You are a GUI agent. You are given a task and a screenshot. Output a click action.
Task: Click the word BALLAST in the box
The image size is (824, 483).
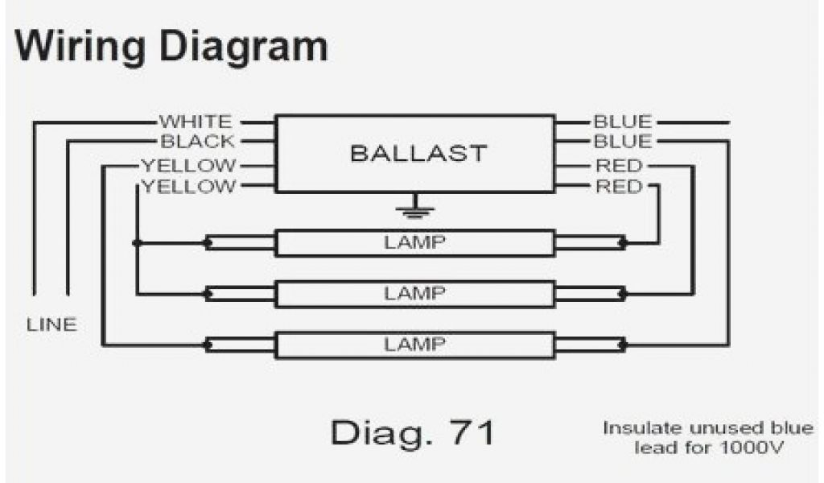418,153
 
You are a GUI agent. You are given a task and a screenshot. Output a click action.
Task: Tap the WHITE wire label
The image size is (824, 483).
196,122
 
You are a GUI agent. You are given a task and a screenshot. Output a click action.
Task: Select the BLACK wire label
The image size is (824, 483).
197,142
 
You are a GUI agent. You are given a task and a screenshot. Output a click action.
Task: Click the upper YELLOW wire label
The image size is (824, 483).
188,166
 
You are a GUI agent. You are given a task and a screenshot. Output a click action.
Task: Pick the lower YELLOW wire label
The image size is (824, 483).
188,187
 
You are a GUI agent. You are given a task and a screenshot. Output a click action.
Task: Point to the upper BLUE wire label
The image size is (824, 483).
622,122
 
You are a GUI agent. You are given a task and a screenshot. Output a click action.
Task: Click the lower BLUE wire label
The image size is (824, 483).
622,142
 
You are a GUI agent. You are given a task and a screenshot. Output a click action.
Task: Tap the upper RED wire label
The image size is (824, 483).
619,166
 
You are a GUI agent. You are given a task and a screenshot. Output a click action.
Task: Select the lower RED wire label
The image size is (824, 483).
619,187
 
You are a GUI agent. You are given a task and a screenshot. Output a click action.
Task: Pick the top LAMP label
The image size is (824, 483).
415,242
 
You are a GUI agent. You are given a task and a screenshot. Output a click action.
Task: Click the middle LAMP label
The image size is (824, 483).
415,294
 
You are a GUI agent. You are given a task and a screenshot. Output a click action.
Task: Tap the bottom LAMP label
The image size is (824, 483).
415,345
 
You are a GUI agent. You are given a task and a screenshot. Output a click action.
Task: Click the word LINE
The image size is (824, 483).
51,325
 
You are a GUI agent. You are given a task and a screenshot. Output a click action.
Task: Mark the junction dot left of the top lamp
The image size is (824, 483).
137,242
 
